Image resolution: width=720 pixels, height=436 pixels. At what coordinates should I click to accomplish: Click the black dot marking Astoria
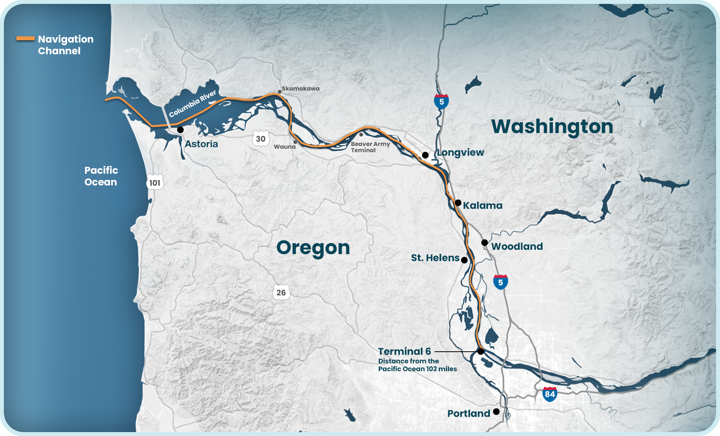[180, 130]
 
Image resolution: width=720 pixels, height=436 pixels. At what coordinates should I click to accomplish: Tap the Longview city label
[460, 153]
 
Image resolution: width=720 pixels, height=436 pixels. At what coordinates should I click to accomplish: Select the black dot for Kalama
[458, 203]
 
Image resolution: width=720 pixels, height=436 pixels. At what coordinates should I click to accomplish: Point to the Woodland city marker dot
[484, 242]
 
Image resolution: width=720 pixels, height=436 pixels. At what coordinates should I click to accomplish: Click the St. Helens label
[435, 258]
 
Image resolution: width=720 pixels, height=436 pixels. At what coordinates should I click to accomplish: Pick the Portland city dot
[496, 411]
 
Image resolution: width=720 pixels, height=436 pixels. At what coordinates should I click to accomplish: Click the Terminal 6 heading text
[404, 352]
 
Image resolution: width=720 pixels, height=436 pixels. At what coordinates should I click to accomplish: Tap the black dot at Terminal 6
[481, 352]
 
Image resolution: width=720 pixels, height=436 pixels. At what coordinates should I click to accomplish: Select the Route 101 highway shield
[155, 183]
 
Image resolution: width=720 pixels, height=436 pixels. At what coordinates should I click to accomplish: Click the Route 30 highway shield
[261, 139]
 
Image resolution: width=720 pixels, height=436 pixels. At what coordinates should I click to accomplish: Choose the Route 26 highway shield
[281, 292]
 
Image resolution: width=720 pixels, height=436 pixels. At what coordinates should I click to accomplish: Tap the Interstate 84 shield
[550, 394]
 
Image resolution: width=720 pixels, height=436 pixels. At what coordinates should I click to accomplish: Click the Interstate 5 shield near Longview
[442, 102]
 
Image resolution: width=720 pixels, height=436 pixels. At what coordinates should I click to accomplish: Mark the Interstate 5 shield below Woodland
[500, 282]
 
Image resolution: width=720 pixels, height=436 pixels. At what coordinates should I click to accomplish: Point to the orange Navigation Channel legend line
[25, 39]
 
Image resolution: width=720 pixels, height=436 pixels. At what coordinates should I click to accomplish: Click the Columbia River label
[192, 104]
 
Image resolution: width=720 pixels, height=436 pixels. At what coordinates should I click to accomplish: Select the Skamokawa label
[300, 89]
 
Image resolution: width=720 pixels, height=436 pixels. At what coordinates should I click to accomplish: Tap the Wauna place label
[285, 147]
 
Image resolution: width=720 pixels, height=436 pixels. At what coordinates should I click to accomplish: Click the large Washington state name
[552, 127]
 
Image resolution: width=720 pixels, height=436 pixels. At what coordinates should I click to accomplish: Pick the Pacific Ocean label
[101, 176]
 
